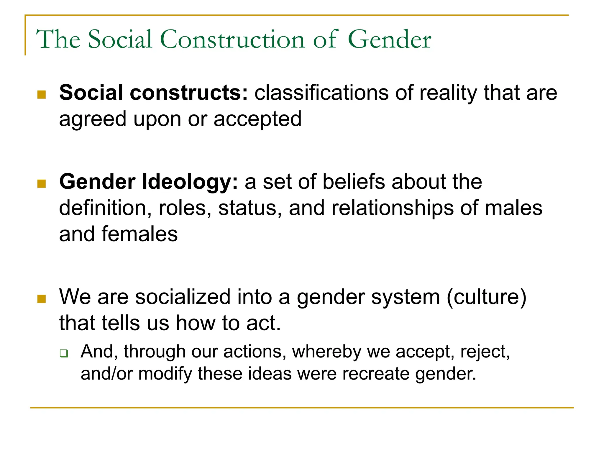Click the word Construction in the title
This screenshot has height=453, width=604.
[232, 39]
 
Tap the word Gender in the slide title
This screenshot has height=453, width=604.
[389, 39]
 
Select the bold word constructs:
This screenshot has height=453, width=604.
[189, 93]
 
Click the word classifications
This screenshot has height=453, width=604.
[321, 93]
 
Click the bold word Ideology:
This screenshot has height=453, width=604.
[190, 182]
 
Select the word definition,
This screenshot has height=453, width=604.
[105, 208]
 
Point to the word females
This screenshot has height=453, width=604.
[139, 234]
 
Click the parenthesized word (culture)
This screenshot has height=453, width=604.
[486, 297]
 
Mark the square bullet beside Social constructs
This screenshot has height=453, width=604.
[42, 95]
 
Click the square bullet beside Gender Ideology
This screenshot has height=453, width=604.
[42, 184]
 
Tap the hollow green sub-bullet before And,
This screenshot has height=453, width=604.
[64, 353]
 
